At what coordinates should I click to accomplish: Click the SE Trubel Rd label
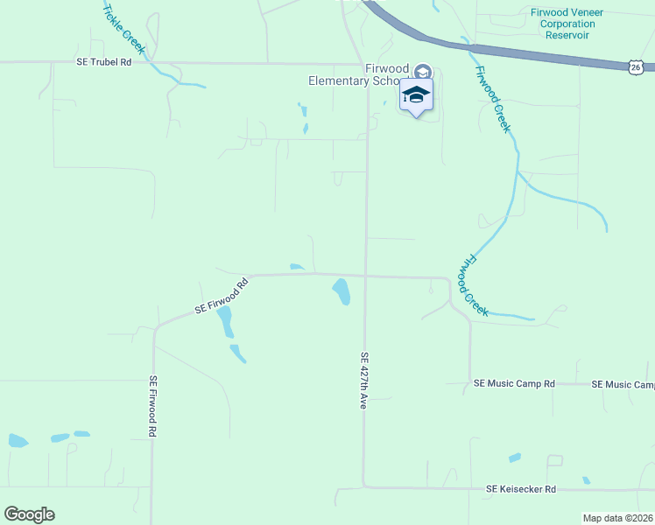[x=103, y=61]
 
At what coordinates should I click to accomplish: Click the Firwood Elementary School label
[x=359, y=74]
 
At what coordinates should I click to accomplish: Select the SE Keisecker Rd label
[x=521, y=489]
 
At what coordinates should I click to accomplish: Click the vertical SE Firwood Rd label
[x=152, y=407]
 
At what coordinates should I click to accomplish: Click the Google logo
[x=29, y=514]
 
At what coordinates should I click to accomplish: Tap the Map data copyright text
[x=618, y=518]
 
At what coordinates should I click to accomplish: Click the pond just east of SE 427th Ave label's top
[x=341, y=290]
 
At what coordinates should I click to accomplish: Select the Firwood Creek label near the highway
[x=492, y=98]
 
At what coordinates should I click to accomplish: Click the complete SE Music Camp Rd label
[x=514, y=384]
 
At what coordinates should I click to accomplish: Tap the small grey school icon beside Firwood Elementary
[x=423, y=72]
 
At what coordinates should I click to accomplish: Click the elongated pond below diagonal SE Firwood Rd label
[x=225, y=321]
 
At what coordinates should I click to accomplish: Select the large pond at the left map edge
[x=18, y=440]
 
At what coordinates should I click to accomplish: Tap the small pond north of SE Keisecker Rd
[x=514, y=458]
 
